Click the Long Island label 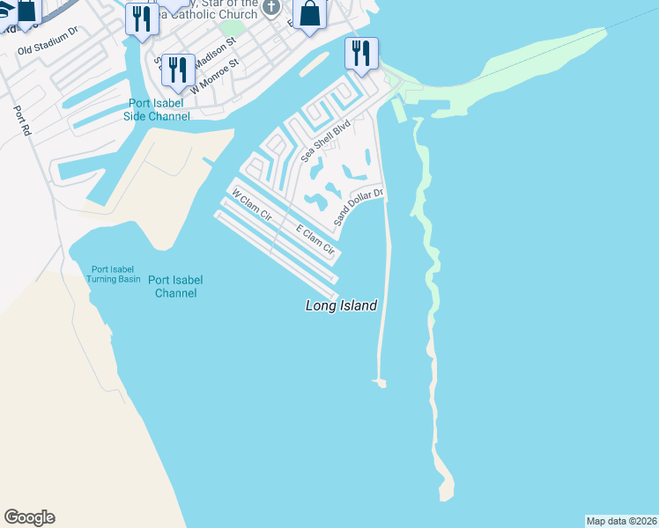[341, 306]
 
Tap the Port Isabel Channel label [175, 287]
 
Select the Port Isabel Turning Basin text [113, 274]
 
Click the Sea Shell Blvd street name [325, 142]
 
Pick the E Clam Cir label [315, 241]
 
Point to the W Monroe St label [216, 77]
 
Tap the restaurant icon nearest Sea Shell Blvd [361, 54]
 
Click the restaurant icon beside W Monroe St [178, 70]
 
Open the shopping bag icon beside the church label [310, 14]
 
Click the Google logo [29, 517]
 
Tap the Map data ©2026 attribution [621, 521]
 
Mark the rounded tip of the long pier [381, 383]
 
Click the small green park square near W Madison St [231, 27]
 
